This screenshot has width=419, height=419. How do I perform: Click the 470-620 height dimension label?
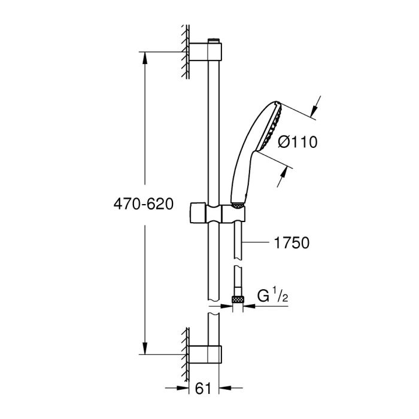(x=144, y=204)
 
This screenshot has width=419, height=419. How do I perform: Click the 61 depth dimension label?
(x=203, y=388)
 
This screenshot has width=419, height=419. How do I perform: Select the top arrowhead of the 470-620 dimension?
(x=144, y=57)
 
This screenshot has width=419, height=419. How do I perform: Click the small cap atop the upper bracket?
(x=213, y=41)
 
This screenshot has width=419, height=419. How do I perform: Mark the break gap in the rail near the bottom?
(x=213, y=307)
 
